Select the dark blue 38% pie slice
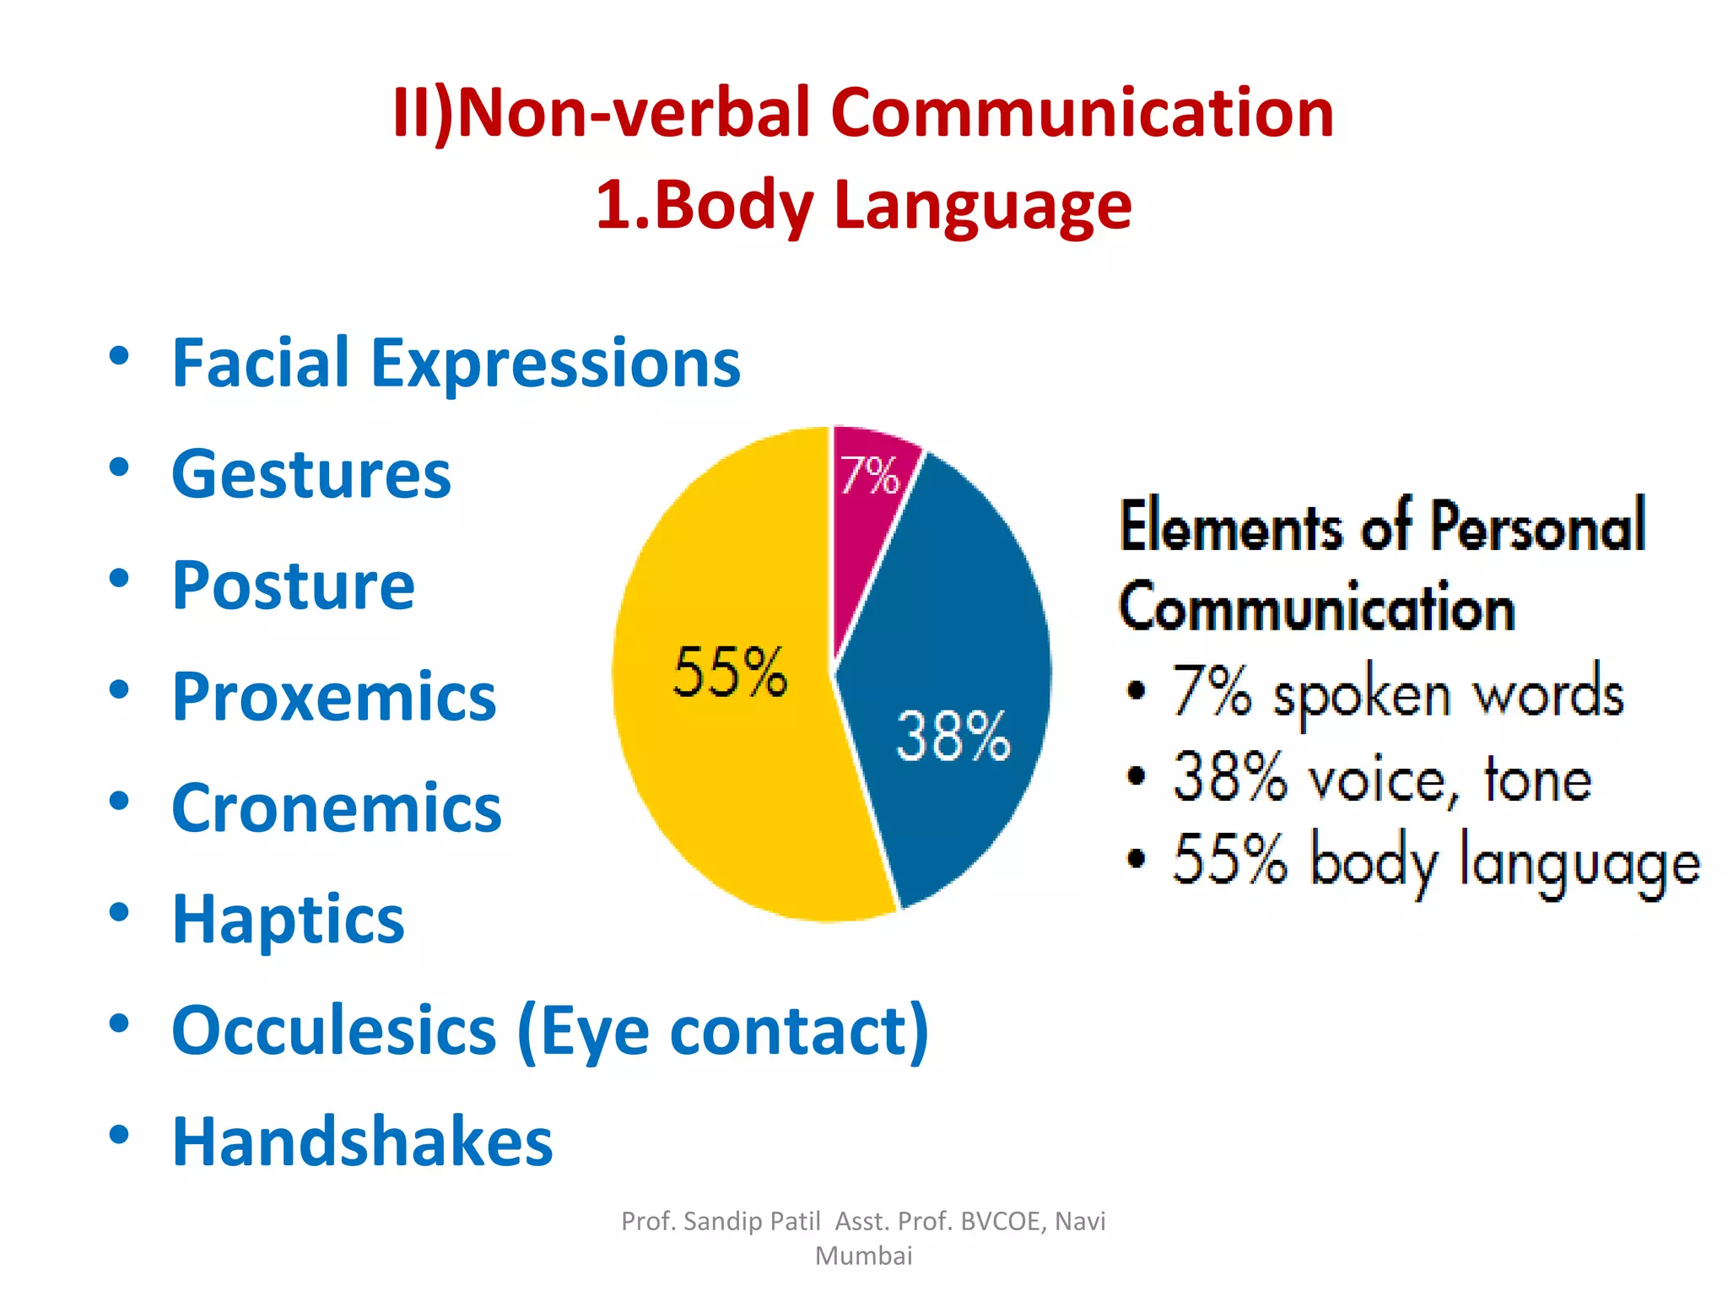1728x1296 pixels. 953,692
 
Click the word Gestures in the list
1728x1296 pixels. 311,474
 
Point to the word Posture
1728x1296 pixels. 293,586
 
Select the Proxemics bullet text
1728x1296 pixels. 334,697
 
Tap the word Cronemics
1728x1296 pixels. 336,808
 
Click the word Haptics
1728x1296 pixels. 288,920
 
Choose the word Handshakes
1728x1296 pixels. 362,1142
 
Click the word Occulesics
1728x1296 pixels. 334,1031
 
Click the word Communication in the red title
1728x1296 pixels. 1082,113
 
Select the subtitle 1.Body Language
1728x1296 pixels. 863,205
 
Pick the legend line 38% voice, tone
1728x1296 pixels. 1381,779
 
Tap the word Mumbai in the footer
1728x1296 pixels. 863,1255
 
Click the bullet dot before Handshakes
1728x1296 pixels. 119,1134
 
